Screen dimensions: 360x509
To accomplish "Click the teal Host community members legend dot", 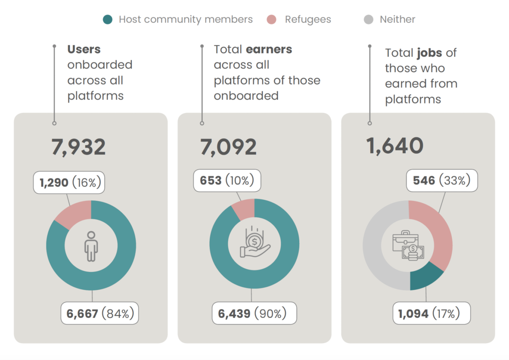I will click(107, 20).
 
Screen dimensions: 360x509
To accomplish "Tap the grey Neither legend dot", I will click(368, 20).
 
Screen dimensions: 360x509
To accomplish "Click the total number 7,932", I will click(79, 147).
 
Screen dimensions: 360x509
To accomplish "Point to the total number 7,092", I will click(229, 147).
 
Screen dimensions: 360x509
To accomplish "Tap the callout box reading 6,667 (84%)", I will click(99, 314).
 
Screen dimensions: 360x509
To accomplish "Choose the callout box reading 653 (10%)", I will click(227, 180).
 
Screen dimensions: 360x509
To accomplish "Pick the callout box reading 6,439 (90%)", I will click(251, 314).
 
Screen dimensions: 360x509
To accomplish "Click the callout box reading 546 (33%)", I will click(441, 180).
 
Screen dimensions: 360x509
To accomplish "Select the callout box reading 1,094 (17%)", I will click(431, 314).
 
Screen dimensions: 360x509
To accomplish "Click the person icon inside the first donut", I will click(91, 245).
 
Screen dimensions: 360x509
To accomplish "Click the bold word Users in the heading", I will click(84, 49).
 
